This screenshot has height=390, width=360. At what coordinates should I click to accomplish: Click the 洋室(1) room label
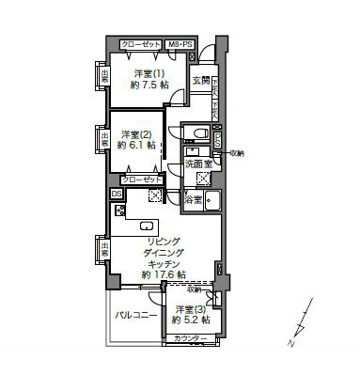tap(149, 73)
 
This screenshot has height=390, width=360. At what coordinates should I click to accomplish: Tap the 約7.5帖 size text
tap(149, 86)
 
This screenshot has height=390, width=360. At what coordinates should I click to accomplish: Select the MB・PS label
tap(180, 44)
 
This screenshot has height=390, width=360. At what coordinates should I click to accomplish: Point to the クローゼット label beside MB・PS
tap(140, 44)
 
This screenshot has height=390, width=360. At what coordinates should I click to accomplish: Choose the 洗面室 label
tap(198, 164)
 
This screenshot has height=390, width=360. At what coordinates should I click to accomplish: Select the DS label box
tap(117, 195)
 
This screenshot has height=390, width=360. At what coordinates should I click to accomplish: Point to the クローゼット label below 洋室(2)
tap(141, 178)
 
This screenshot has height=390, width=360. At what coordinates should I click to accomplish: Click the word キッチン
tap(164, 264)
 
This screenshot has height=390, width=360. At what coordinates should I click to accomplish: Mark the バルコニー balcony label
tap(135, 317)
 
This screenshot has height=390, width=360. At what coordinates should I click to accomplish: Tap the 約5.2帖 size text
tap(191, 321)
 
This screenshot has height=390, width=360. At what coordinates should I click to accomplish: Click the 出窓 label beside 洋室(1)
tap(99, 75)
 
